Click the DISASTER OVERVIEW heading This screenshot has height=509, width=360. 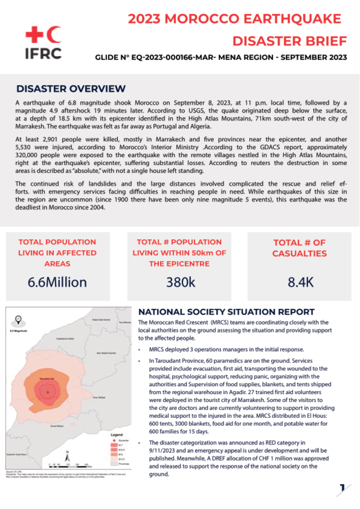click(x=71, y=89)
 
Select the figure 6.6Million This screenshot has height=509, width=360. click(x=57, y=282)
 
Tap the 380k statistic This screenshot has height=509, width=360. click(x=181, y=282)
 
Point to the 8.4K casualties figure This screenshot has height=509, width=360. click(x=300, y=282)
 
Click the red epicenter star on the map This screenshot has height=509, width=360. click(x=47, y=393)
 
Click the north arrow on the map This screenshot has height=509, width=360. click(x=68, y=454)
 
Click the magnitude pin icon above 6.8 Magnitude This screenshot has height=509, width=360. click(x=19, y=318)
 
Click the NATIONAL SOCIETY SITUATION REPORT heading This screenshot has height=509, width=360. click(x=227, y=311)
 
